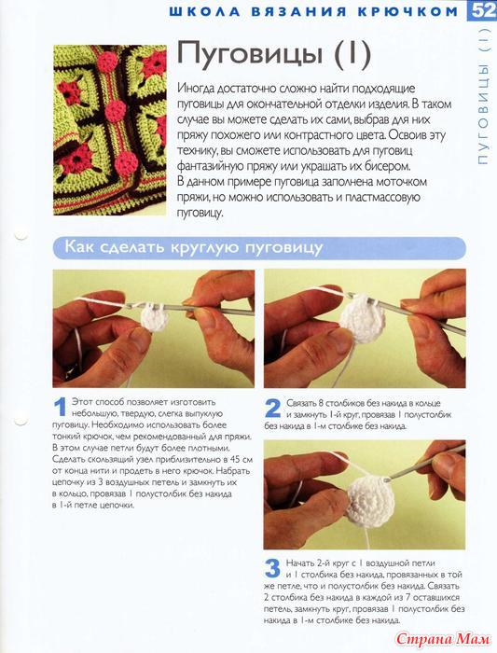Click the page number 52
(x=482, y=10)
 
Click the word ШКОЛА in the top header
(x=205, y=11)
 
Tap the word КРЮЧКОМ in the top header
(x=408, y=11)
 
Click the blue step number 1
(x=62, y=407)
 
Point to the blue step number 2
(x=272, y=409)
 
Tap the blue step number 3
(x=272, y=569)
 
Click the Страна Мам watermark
(x=443, y=638)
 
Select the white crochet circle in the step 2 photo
(x=361, y=319)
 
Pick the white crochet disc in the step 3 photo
(x=370, y=498)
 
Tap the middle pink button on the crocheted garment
(x=115, y=110)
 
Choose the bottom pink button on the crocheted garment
(x=127, y=161)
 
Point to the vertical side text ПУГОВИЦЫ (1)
(x=483, y=96)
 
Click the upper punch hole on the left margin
(x=20, y=235)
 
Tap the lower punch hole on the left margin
(x=20, y=420)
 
